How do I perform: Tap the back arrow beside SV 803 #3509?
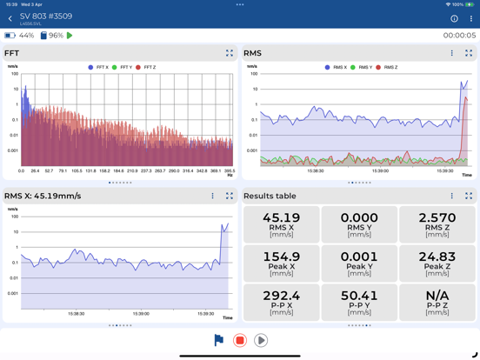(10, 18)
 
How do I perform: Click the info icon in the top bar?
(454, 18)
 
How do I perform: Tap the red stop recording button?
(240, 341)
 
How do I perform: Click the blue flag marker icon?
(219, 341)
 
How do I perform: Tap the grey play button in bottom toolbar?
(261, 341)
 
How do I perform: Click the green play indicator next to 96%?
(70, 36)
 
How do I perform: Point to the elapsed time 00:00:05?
(459, 36)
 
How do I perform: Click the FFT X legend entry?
(98, 67)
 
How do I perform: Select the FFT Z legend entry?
(145, 67)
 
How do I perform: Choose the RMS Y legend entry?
(361, 67)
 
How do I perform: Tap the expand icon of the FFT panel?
(230, 53)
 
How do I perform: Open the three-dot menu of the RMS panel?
(452, 53)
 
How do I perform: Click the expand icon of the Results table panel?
(469, 197)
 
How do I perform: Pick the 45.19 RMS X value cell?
(281, 224)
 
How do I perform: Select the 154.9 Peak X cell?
(281, 263)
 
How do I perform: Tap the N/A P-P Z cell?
(437, 301)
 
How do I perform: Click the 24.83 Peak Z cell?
(437, 263)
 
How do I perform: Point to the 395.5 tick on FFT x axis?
(229, 171)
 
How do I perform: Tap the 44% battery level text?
(26, 36)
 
